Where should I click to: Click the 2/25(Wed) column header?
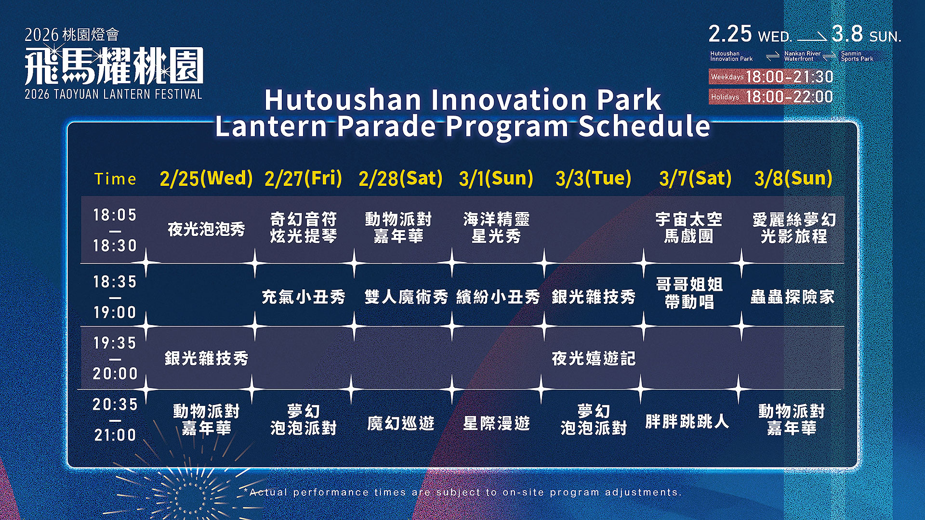tap(206, 178)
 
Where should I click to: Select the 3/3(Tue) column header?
tap(593, 178)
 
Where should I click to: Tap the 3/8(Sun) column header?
tap(793, 178)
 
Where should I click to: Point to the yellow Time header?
tap(115, 179)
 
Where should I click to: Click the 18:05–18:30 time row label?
tap(115, 230)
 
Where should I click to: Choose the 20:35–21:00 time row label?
tap(115, 420)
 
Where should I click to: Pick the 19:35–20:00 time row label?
tap(115, 358)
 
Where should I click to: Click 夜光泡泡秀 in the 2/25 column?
tap(206, 229)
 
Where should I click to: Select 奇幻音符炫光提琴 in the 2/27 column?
tap(303, 228)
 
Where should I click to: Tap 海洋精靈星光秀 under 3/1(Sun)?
tap(496, 228)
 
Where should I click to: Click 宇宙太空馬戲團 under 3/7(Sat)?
tap(689, 228)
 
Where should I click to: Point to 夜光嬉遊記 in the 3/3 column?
tap(594, 358)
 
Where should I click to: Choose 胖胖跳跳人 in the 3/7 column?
tap(687, 422)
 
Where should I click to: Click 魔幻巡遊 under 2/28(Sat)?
tap(401, 423)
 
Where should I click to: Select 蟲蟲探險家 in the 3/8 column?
tap(793, 297)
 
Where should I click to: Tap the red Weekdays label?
tap(727, 77)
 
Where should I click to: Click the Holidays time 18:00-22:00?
tap(789, 97)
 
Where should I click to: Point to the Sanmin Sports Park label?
tap(857, 56)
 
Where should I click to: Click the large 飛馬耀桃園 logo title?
tap(114, 66)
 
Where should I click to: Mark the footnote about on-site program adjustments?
tap(463, 492)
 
